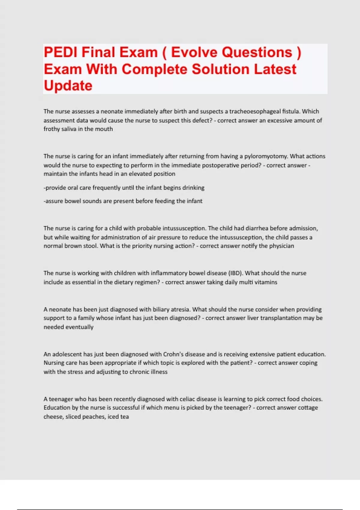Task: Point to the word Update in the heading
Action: pos(68,86)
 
